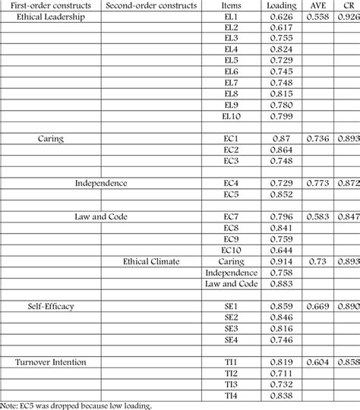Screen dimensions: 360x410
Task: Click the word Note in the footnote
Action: point(9,405)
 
